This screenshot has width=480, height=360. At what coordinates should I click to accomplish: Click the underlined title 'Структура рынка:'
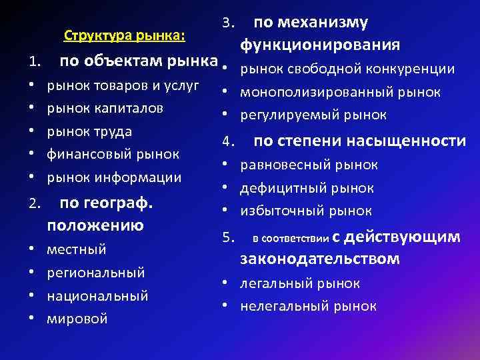[x=124, y=34]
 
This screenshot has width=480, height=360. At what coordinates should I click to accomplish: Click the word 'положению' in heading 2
[x=95, y=225]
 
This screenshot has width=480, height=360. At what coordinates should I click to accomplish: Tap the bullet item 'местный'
[x=77, y=249]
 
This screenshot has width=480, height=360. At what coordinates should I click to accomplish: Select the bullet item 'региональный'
[x=96, y=273]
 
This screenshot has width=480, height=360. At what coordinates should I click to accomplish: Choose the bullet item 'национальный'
[x=97, y=296]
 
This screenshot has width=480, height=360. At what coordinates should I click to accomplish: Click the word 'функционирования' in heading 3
[x=320, y=45]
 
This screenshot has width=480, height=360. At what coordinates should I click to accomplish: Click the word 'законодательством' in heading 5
[x=320, y=259]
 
